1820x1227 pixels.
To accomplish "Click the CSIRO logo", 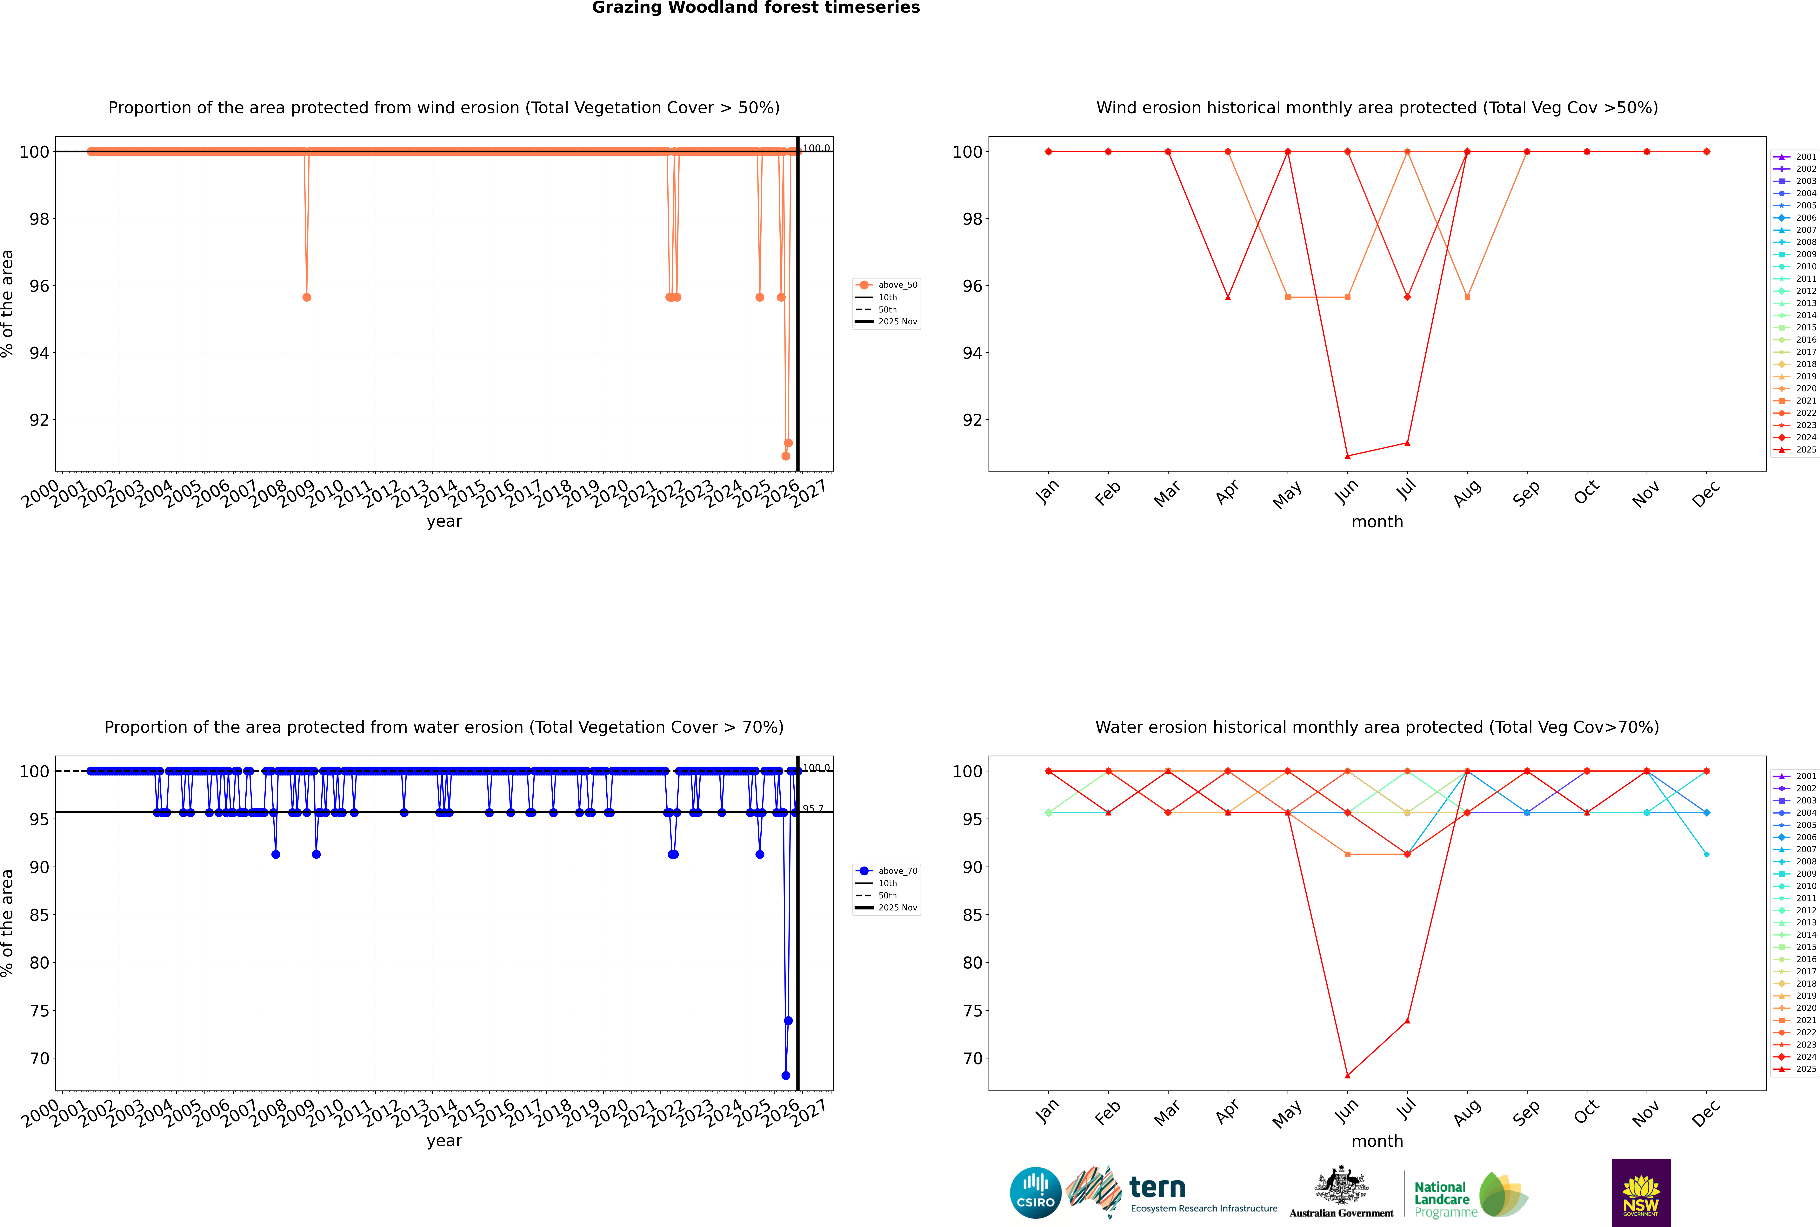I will tap(1035, 1193).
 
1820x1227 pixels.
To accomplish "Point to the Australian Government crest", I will tap(1341, 1185).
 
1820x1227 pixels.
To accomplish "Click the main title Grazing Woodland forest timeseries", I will tap(756, 8).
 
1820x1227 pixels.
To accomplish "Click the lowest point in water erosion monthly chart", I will tap(1347, 1075).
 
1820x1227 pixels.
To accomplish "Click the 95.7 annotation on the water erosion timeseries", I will tap(813, 808).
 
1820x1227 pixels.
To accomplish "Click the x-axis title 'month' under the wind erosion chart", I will tap(1377, 522).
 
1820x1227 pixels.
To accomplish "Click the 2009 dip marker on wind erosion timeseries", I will tap(307, 297).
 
